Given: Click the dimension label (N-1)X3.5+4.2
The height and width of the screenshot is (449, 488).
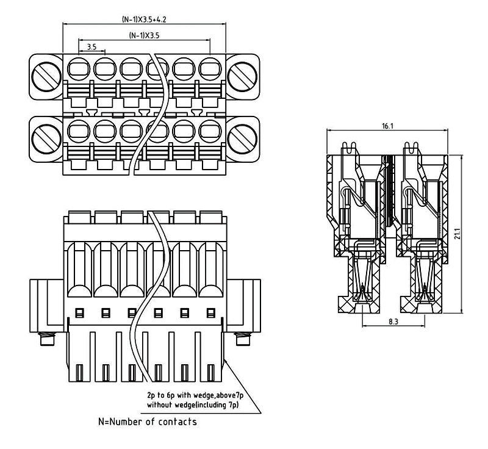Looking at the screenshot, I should tap(144, 20).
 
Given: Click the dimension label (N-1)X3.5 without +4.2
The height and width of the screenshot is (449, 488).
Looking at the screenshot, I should tap(145, 36).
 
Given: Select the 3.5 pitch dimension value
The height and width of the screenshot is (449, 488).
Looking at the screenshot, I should tap(91, 46).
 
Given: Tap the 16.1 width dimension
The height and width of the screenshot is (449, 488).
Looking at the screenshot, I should tap(387, 126).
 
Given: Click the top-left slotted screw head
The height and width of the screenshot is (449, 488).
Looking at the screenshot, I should tap(46, 75).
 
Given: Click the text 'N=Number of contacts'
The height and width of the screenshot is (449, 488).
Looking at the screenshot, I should tap(148, 422).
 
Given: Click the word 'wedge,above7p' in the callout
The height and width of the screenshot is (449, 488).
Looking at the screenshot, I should tap(215, 395).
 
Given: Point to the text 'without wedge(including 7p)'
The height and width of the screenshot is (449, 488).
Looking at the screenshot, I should tap(193, 404).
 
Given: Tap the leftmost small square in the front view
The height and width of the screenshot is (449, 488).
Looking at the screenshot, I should tap(79, 313).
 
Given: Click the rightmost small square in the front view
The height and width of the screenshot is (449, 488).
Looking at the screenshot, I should tap(210, 313).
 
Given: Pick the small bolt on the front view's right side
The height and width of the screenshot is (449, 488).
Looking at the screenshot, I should tap(243, 339).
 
